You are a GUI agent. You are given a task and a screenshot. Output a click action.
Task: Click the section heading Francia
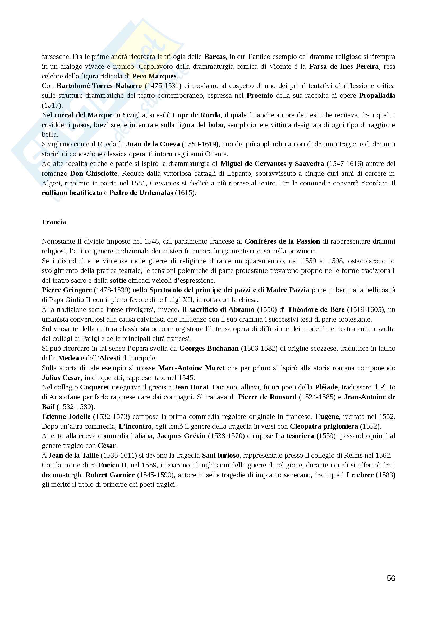[x=54, y=222]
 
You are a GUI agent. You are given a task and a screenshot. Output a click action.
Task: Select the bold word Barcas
[x=215, y=57]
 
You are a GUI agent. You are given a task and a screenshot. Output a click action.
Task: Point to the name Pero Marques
[x=154, y=76]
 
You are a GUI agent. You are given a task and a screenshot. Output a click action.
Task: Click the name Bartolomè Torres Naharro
[x=99, y=86]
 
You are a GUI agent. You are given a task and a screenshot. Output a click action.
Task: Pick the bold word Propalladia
[x=377, y=96]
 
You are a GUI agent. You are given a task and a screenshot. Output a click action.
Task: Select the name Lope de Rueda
[x=196, y=115]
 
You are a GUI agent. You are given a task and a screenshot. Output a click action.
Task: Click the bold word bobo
[x=216, y=125]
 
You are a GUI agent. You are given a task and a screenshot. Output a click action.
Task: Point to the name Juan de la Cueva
[x=153, y=144]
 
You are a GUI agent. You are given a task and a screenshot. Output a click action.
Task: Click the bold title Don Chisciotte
[x=94, y=173]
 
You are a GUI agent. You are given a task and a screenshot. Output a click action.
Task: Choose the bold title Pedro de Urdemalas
[x=141, y=193]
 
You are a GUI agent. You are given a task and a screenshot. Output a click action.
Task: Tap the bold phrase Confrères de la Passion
[x=282, y=241]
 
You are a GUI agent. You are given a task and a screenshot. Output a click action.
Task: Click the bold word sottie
[x=118, y=281]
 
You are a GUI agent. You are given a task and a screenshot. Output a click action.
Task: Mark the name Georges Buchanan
[x=209, y=349]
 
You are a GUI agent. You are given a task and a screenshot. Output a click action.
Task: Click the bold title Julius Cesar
[x=61, y=378]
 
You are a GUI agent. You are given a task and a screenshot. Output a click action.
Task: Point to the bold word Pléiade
[x=326, y=387]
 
